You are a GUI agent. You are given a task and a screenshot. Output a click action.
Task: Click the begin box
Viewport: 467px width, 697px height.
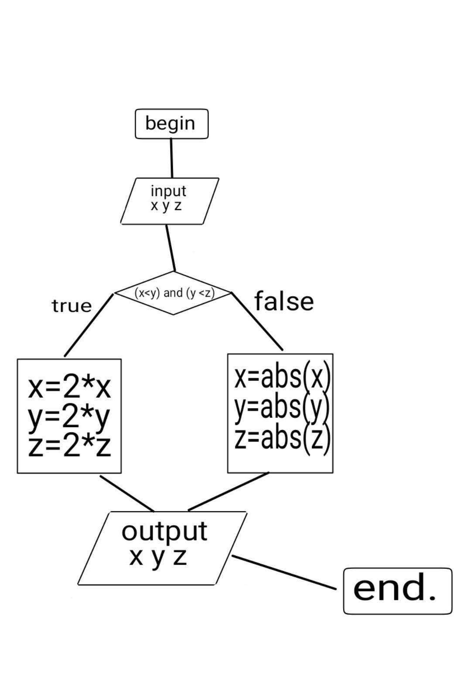171,124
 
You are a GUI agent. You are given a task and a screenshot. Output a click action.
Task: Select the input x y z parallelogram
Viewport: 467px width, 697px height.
169,201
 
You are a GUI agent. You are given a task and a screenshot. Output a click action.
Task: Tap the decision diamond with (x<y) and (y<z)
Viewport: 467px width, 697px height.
174,293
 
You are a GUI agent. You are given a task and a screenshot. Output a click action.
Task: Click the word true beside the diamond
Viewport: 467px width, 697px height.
72,306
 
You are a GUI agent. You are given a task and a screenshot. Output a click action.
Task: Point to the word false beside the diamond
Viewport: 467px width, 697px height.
284,301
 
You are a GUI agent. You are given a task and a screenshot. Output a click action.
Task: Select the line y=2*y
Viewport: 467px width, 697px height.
69,417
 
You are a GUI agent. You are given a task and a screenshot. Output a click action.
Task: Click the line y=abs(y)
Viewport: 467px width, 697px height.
281,407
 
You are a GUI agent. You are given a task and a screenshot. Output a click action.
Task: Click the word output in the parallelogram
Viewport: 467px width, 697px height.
164,531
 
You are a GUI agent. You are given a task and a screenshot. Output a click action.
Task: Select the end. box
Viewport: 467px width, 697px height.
397,591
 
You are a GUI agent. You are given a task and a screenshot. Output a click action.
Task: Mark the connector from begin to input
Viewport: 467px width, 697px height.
171,158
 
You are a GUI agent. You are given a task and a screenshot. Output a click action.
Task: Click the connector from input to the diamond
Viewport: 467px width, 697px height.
170,248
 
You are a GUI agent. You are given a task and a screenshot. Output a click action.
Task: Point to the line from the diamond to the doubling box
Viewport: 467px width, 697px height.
89,325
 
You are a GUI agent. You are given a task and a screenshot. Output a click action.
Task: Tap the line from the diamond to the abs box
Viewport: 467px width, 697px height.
257,321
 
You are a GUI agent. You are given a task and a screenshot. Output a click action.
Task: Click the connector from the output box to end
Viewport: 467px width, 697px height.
284,572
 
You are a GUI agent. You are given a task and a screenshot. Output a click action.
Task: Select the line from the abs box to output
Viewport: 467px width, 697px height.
228,491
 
